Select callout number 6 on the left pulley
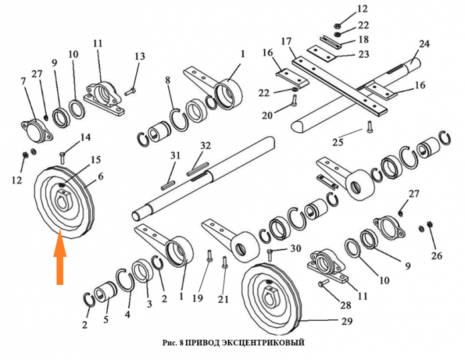[101, 176]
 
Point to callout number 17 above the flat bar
[286, 41]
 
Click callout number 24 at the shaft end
[424, 45]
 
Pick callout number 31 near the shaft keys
[175, 155]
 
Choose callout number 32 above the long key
[205, 145]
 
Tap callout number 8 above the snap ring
[168, 80]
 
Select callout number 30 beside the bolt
[296, 248]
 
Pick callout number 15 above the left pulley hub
[96, 159]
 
